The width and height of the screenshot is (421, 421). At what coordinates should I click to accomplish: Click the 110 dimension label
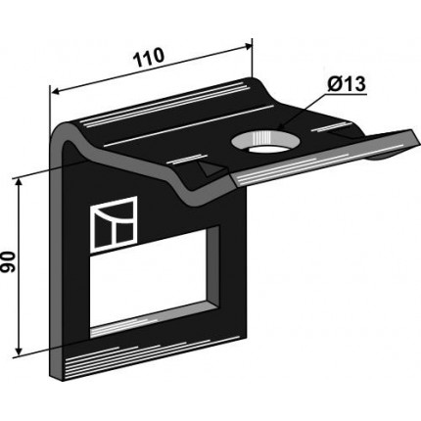[x=150, y=57]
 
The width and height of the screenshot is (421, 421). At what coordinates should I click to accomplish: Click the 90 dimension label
[x=8, y=262]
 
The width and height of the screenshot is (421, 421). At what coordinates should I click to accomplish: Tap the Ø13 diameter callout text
[x=347, y=84]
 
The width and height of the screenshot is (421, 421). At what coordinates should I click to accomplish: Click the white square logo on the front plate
[x=114, y=224]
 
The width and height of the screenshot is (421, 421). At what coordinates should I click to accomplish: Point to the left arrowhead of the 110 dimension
[x=56, y=92]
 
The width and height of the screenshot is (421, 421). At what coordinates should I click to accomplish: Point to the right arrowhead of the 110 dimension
[x=248, y=47]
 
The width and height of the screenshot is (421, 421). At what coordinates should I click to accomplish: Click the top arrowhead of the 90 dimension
[x=20, y=182]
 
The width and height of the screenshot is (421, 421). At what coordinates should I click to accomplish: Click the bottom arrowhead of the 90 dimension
[x=20, y=351]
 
